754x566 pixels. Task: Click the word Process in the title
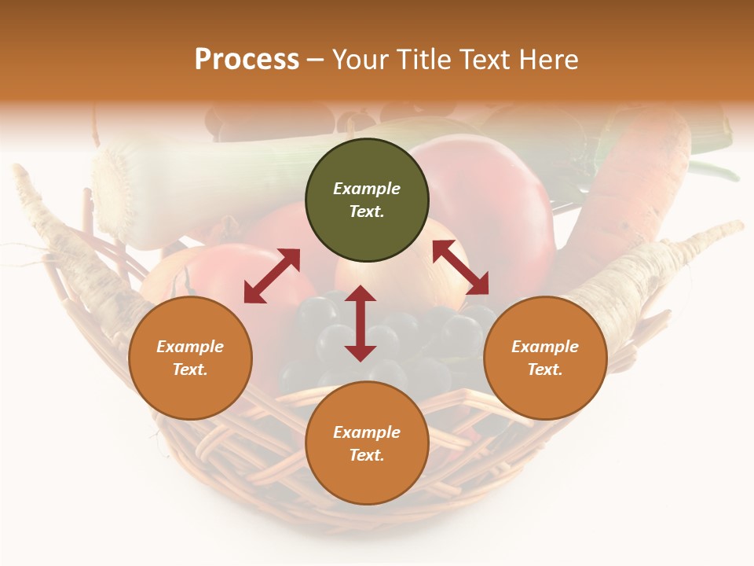pyautogui.click(x=247, y=60)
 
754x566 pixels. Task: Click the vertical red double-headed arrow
pyautogui.click(x=361, y=323)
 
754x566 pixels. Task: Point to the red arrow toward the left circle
pyautogui.click(x=272, y=275)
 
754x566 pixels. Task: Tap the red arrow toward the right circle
pyautogui.click(x=460, y=267)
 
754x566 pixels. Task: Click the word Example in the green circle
pyautogui.click(x=367, y=189)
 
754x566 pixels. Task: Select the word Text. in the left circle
pyautogui.click(x=190, y=369)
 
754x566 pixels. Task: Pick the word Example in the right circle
pyautogui.click(x=545, y=347)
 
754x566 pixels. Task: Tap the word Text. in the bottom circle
pyautogui.click(x=367, y=455)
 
